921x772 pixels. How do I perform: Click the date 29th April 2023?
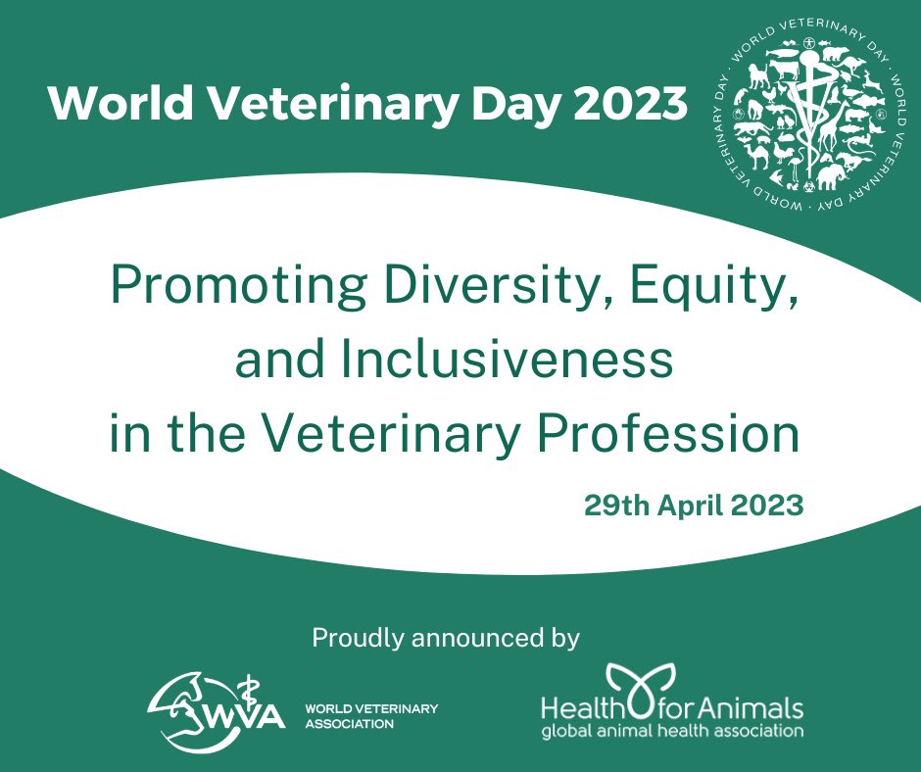tap(694, 506)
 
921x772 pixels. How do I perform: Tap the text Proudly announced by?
tap(446, 639)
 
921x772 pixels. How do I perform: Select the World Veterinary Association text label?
tap(372, 716)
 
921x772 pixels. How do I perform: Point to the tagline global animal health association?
tap(673, 731)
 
